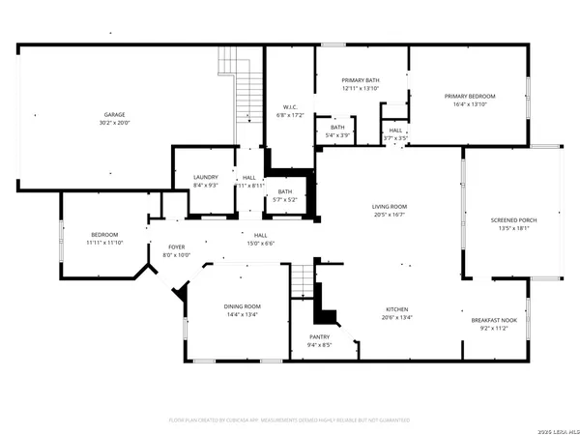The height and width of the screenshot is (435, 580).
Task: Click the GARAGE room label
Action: pyautogui.click(x=114, y=114)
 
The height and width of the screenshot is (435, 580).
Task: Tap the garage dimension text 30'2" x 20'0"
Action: pyautogui.click(x=114, y=123)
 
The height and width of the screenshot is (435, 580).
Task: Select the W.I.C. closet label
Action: pyautogui.click(x=289, y=106)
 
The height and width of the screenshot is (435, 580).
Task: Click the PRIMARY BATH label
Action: pyautogui.click(x=360, y=80)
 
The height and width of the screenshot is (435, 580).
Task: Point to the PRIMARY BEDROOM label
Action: pyautogui.click(x=469, y=96)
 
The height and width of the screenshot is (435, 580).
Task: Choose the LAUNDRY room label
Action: pyautogui.click(x=205, y=177)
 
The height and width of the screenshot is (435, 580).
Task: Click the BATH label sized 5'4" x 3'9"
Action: pyautogui.click(x=336, y=127)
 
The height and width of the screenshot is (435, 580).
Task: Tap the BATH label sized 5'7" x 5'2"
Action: pyautogui.click(x=285, y=191)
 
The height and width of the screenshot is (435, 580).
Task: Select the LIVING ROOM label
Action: pyautogui.click(x=390, y=206)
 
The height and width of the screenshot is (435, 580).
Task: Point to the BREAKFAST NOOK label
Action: pyautogui.click(x=494, y=320)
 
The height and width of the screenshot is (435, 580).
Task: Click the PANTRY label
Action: pyautogui.click(x=320, y=336)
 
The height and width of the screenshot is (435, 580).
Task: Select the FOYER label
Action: pyautogui.click(x=176, y=246)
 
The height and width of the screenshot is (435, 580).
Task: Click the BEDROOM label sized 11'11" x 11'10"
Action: pyautogui.click(x=104, y=235)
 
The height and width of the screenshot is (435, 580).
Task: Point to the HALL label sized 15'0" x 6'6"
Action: pyautogui.click(x=261, y=235)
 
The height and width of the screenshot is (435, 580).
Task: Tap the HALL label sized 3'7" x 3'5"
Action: pyautogui.click(x=395, y=130)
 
